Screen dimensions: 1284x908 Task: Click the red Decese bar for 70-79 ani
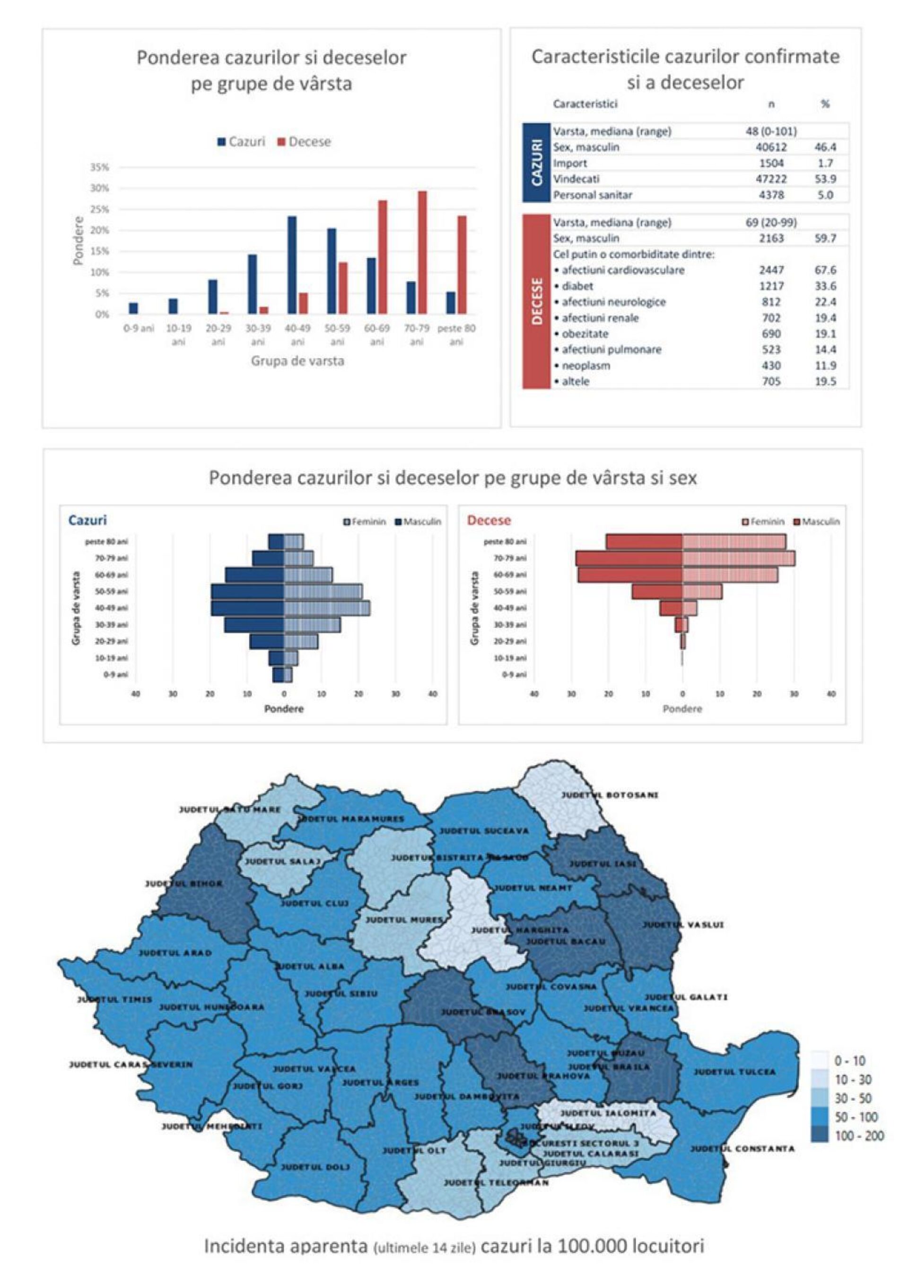422,252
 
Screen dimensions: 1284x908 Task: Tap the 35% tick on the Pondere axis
101,167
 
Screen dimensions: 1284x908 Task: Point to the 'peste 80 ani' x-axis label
456,334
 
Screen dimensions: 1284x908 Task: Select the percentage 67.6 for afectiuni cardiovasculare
825,270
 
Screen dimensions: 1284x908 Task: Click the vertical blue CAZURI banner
537,162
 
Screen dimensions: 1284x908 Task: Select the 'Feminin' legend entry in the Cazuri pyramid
365,522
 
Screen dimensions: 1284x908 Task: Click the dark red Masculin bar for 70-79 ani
629,558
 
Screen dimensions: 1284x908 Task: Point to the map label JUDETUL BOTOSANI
610,795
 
